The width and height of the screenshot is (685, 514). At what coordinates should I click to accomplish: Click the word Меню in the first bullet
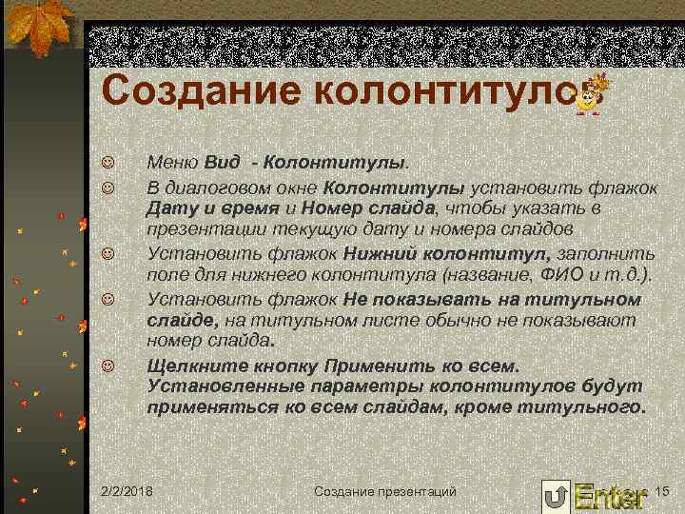pos(172,163)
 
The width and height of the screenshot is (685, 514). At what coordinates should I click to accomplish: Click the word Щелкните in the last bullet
pos(194,366)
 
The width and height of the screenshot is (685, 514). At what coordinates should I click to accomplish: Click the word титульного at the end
pos(583,408)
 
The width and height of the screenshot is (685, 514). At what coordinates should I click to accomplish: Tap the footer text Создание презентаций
pos(385,490)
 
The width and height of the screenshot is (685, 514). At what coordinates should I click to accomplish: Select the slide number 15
pos(663,489)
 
